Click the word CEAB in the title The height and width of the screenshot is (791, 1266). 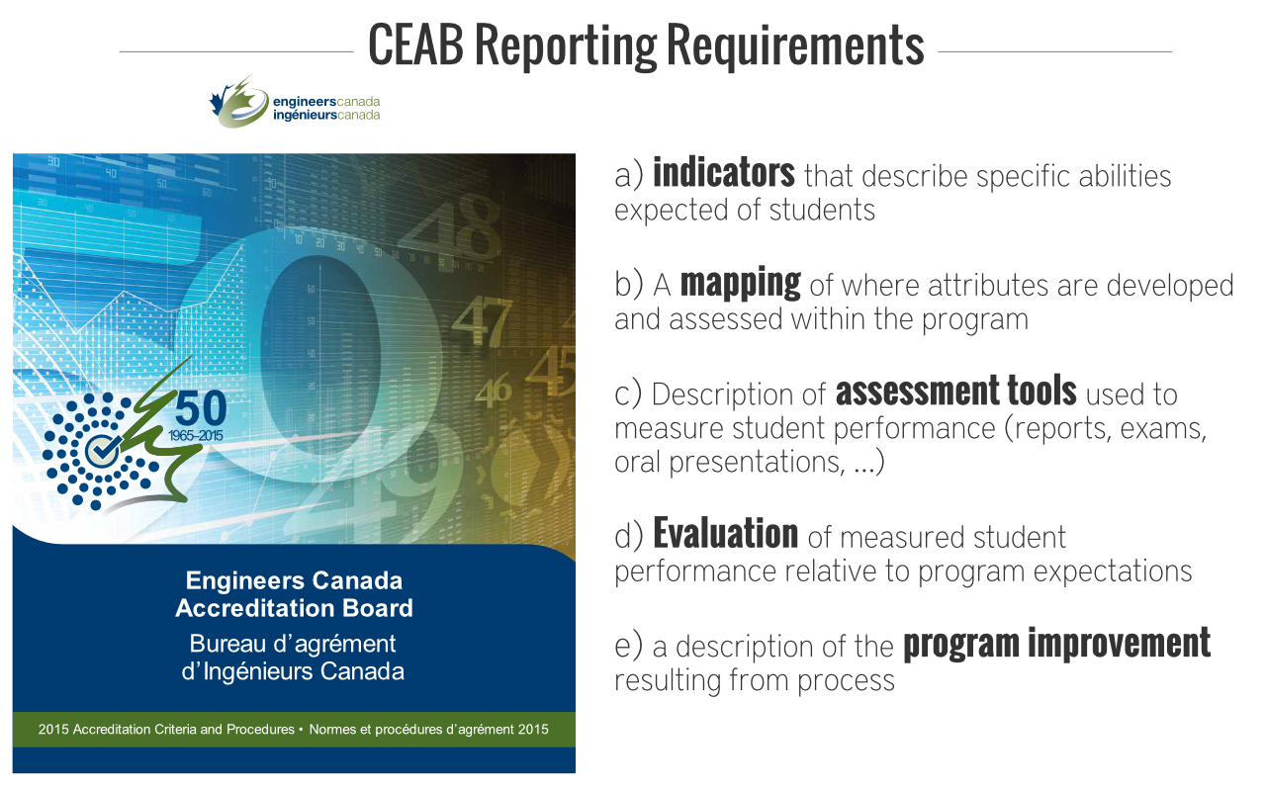pyautogui.click(x=415, y=44)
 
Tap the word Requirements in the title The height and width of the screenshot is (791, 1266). pyautogui.click(x=795, y=47)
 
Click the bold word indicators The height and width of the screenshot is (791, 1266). pyautogui.click(x=724, y=173)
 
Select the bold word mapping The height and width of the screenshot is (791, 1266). pyautogui.click(x=741, y=284)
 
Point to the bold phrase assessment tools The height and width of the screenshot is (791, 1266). pyautogui.click(x=956, y=391)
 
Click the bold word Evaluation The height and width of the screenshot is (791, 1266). pyautogui.click(x=726, y=533)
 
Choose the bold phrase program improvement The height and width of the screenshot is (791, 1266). pyautogui.click(x=1057, y=644)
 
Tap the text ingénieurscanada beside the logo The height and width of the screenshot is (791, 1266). pyautogui.click(x=326, y=116)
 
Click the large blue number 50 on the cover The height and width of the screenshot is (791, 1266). pyautogui.click(x=201, y=408)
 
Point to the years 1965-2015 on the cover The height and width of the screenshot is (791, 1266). pyautogui.click(x=196, y=436)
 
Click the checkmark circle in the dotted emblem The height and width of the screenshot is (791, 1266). pyautogui.click(x=102, y=450)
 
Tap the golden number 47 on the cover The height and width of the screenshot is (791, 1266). pyautogui.click(x=482, y=321)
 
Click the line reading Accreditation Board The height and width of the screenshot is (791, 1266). pyautogui.click(x=295, y=608)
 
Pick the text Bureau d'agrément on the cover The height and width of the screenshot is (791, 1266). pyautogui.click(x=293, y=644)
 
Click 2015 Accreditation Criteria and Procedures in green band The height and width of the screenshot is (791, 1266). pyautogui.click(x=166, y=730)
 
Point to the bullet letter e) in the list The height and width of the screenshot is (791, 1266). pyautogui.click(x=628, y=646)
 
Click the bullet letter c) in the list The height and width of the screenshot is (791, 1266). pyautogui.click(x=628, y=393)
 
